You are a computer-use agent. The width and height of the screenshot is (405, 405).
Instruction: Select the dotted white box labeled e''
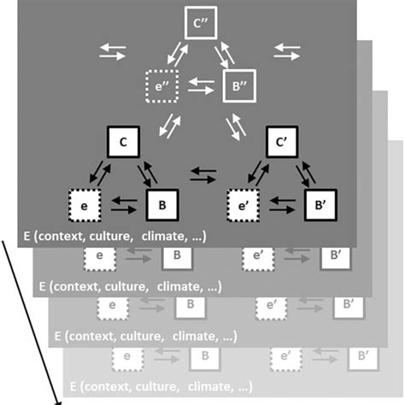tap(160, 86)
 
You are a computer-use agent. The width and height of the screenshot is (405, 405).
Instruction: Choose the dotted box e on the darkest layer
tap(85, 206)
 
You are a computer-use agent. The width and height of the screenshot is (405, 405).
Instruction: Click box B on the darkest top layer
tap(162, 206)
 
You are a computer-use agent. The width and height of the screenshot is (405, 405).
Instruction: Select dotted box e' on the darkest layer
tap(244, 206)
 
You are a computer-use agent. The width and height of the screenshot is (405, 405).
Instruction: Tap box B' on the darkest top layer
tap(320, 206)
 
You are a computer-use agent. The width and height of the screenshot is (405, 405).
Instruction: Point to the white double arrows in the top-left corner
tap(112, 51)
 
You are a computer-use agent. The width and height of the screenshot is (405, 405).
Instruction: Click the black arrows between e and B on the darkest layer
tap(124, 206)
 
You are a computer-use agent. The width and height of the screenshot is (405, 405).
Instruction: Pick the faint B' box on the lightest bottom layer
tap(362, 354)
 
